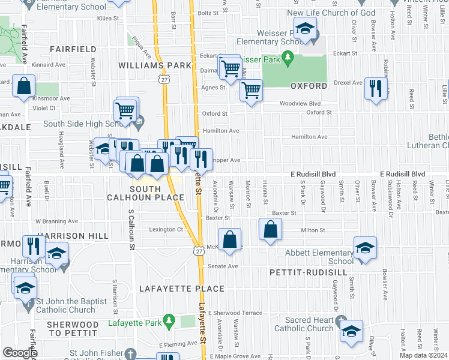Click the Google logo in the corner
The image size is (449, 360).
[20, 353]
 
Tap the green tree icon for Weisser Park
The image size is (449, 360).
[288, 58]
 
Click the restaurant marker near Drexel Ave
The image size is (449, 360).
[376, 88]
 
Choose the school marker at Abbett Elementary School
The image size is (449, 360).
[365, 248]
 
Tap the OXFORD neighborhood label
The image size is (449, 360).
[309, 86]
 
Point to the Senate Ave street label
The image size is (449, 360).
[223, 266]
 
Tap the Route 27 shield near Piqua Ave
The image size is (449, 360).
[164, 79]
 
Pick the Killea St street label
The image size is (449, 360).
[109, 19]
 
